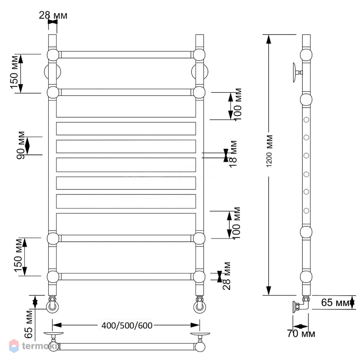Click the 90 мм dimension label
pos(21,145)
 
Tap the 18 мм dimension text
pos(233,154)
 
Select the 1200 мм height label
pos(269,151)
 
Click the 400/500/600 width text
pos(127,325)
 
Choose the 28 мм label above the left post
pos(53,15)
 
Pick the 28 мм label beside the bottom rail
pos(226,276)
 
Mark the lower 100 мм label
pos(236,223)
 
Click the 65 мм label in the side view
pos(335,303)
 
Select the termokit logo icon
pos(14,346)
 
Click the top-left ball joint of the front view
pos(53,55)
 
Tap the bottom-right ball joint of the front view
pos(199,277)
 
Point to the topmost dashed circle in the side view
pos(306,120)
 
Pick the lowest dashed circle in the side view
pos(306,211)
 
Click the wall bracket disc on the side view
pos(295,72)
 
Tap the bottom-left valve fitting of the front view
pos(53,305)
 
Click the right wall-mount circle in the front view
pos(199,72)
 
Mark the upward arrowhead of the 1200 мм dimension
pos(269,39)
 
